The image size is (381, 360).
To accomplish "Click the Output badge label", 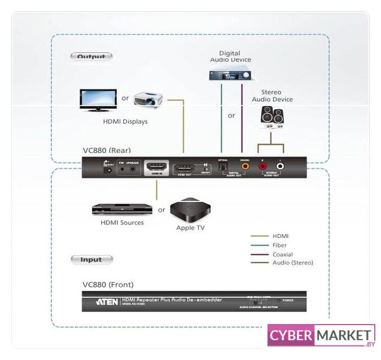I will (91, 56).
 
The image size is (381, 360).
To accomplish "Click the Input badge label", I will (91, 259).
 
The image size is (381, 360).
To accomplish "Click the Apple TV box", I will (190, 210).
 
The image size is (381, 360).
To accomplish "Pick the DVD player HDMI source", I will (122, 209).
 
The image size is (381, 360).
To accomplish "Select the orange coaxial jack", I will (244, 166).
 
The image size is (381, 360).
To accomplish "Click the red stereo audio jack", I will (262, 166).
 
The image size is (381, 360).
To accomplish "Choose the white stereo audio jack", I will (280, 166).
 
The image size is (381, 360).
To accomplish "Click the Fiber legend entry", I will (280, 245).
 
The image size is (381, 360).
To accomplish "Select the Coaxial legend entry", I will (283, 254).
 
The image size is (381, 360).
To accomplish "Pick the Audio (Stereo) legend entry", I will (292, 263).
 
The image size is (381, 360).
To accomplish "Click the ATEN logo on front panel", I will (107, 301).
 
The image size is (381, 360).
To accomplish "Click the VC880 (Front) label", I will (108, 285).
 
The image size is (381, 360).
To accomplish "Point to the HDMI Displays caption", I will (125, 121).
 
